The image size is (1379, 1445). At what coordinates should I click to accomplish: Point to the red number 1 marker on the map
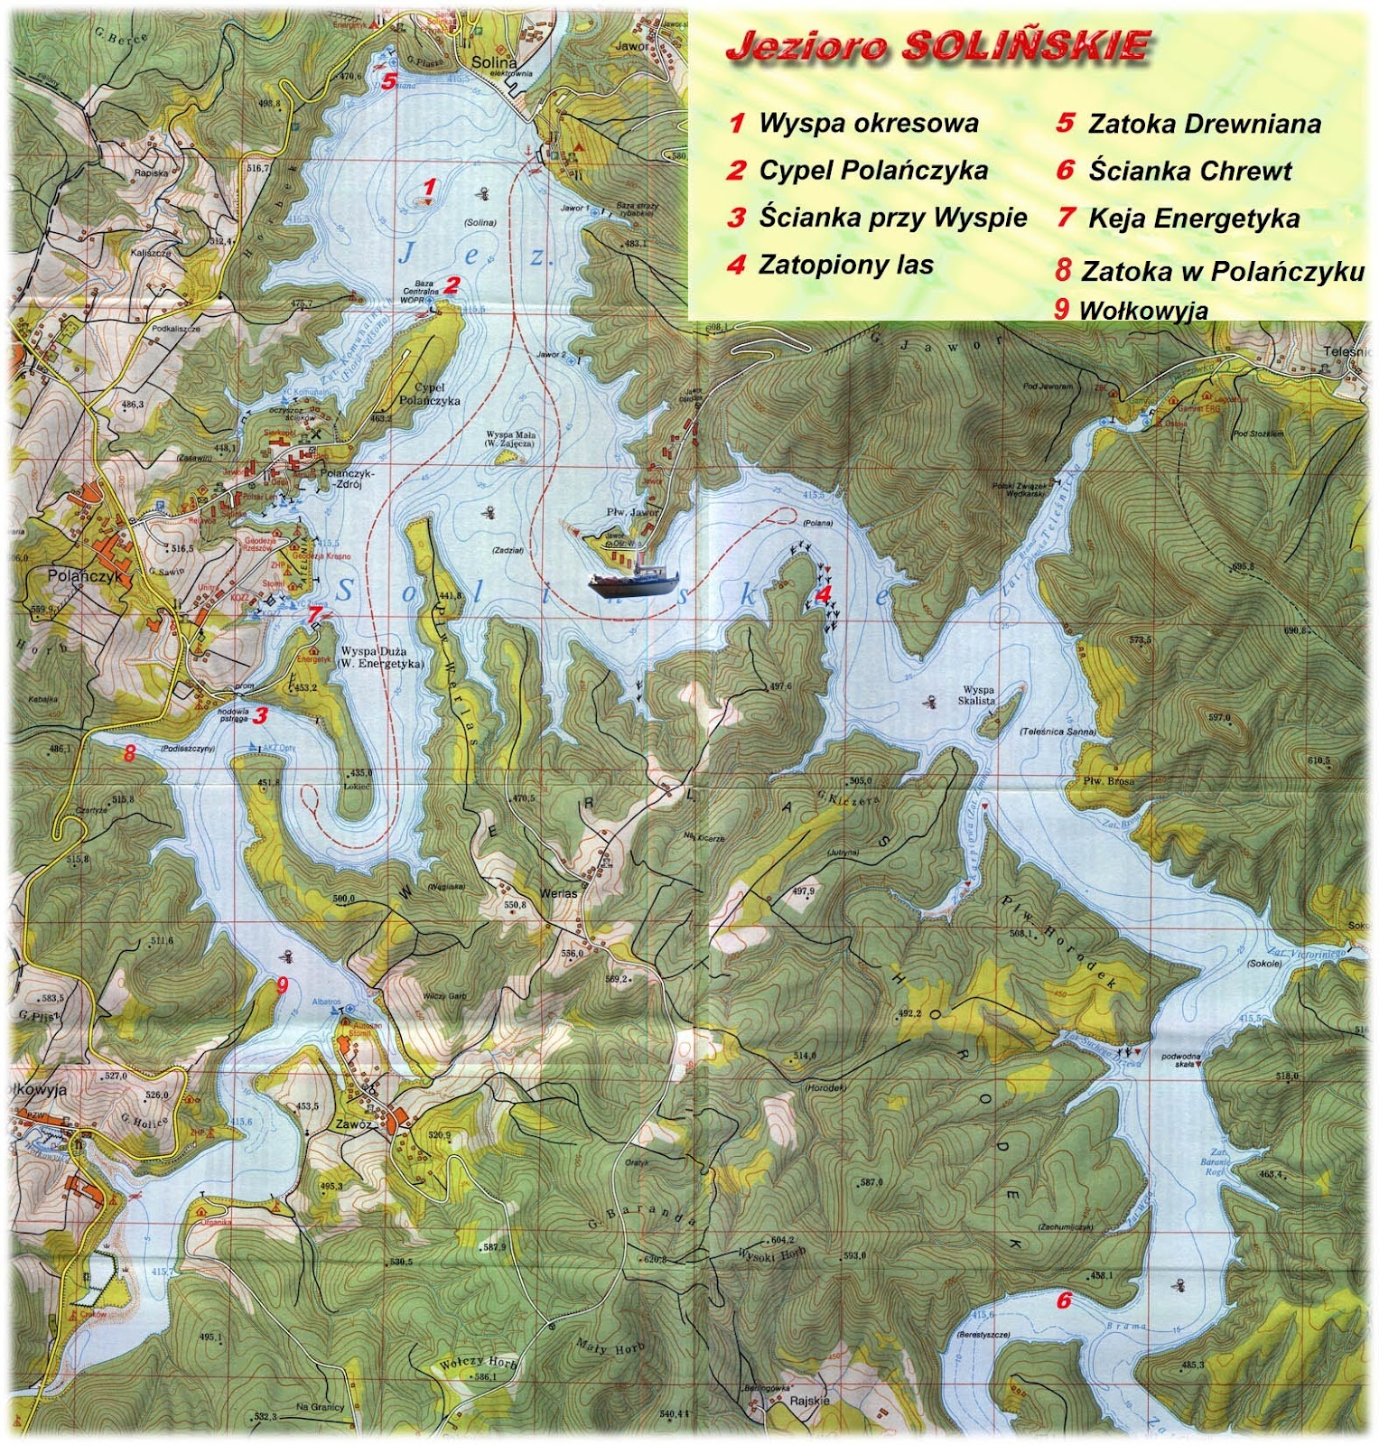click(431, 188)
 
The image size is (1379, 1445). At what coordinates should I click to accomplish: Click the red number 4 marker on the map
click(823, 593)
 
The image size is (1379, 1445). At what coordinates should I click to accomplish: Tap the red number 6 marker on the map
click(1064, 1300)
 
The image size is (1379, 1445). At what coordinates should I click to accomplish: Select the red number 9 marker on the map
click(283, 985)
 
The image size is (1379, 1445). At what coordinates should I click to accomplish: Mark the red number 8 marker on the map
click(129, 752)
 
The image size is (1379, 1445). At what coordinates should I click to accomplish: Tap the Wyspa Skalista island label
click(979, 695)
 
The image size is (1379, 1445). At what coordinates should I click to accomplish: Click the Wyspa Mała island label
click(511, 438)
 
